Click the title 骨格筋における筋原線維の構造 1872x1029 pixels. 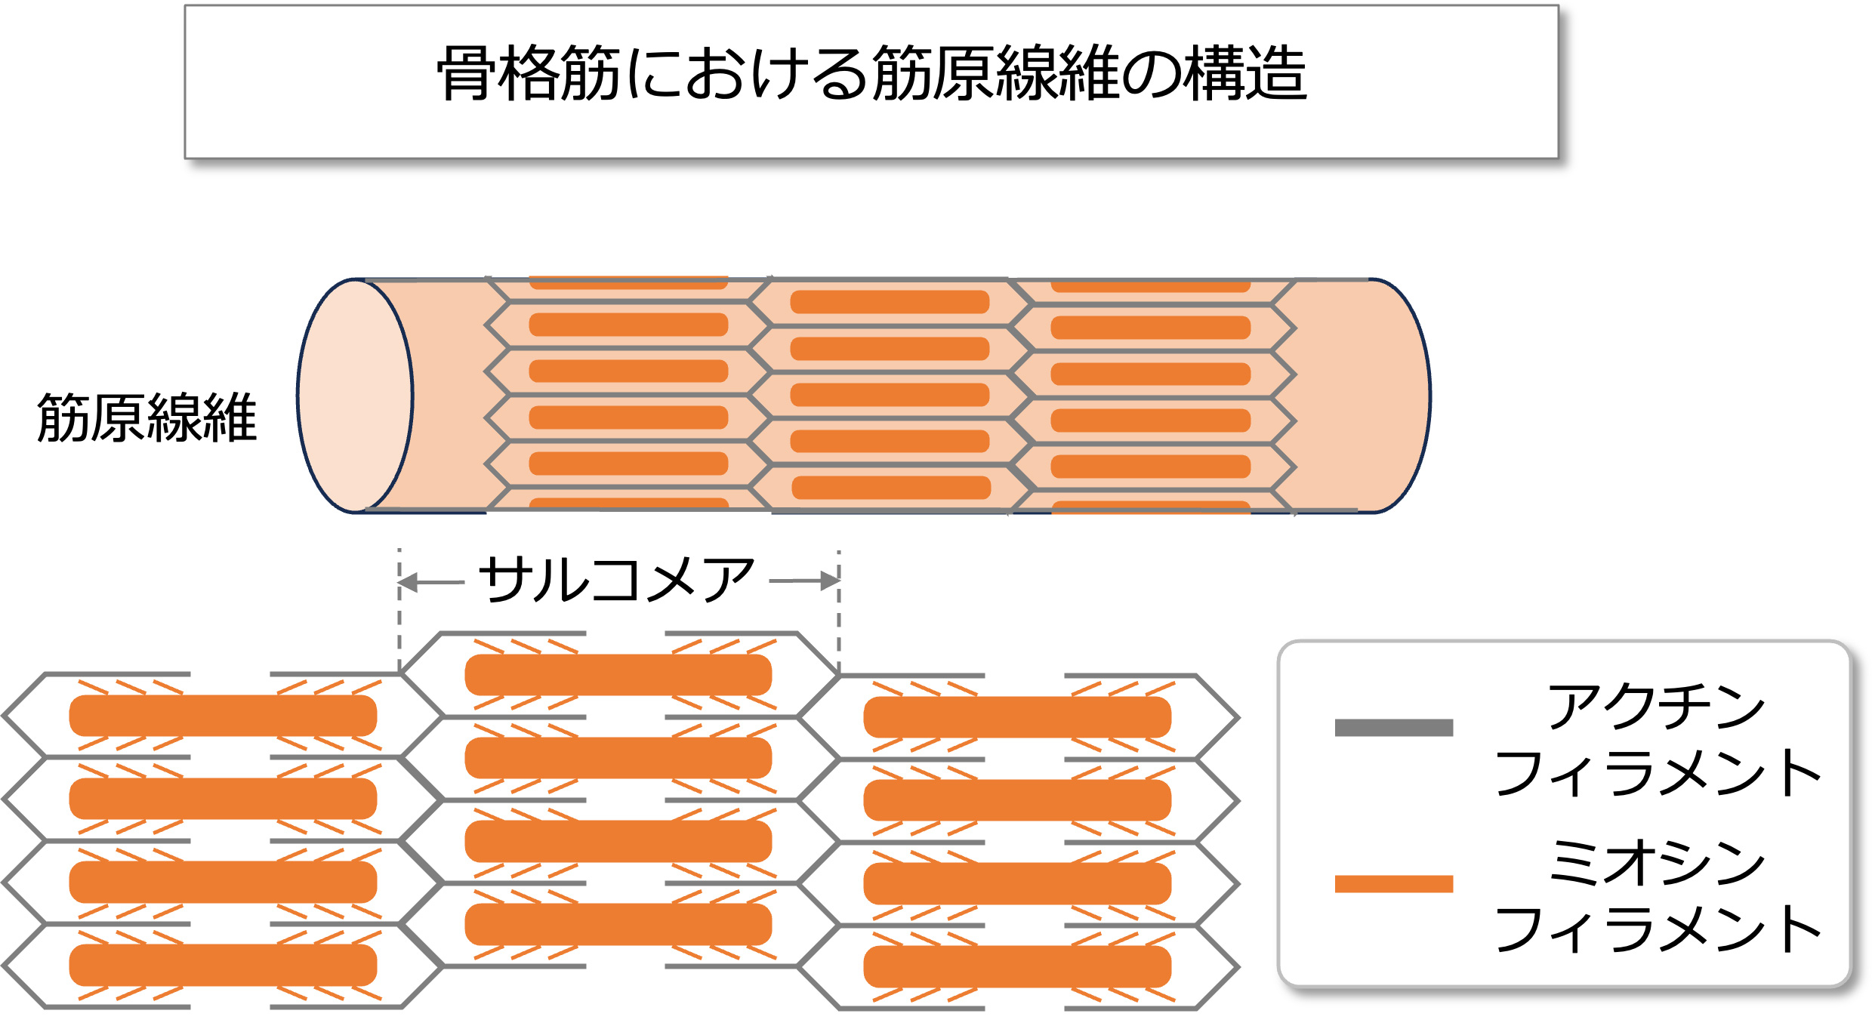pyautogui.click(x=871, y=73)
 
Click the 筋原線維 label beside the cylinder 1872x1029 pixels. pyautogui.click(x=147, y=417)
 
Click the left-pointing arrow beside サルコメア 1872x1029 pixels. pyautogui.click(x=430, y=582)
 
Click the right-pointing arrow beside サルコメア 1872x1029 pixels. pyautogui.click(x=805, y=581)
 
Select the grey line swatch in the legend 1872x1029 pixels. pyautogui.click(x=1393, y=727)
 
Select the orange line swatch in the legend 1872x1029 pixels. pyautogui.click(x=1393, y=883)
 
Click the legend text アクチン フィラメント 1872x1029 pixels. pyautogui.click(x=1658, y=740)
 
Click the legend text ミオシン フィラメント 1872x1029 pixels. pyautogui.click(x=1658, y=896)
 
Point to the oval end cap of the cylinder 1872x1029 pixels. pyautogui.click(x=355, y=396)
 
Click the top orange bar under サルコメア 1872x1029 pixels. pyautogui.click(x=618, y=674)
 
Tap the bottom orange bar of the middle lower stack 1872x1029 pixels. pyautogui.click(x=618, y=924)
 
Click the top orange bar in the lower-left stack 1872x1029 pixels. pyautogui.click(x=223, y=715)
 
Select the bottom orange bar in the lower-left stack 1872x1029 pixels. pyautogui.click(x=223, y=965)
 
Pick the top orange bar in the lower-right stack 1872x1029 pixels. pyautogui.click(x=1017, y=716)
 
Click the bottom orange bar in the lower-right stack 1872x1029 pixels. pyautogui.click(x=1017, y=966)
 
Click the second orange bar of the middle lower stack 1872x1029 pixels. pyautogui.click(x=618, y=757)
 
